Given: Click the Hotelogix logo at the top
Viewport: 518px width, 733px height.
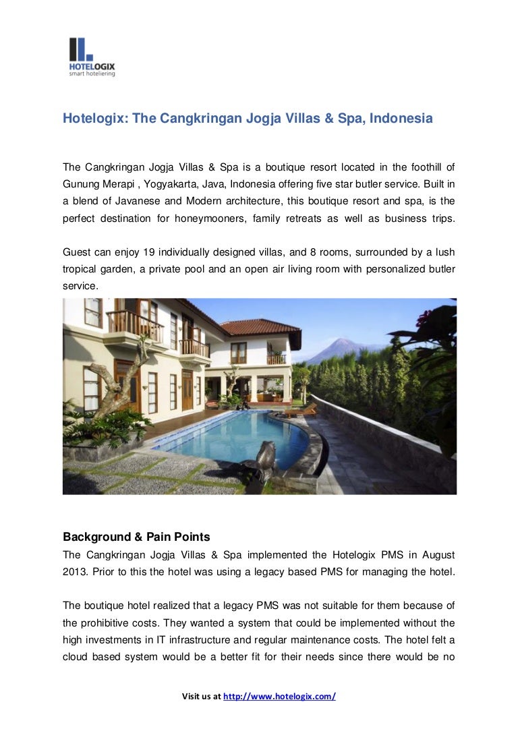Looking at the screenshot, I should pos(92,57).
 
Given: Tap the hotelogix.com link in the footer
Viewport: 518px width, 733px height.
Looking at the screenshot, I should pos(279,697).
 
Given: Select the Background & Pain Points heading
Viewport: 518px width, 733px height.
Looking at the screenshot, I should pos(136,537).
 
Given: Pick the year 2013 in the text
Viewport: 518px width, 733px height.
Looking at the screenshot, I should pos(76,573).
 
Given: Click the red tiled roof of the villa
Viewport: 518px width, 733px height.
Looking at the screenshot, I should pos(263,327).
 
